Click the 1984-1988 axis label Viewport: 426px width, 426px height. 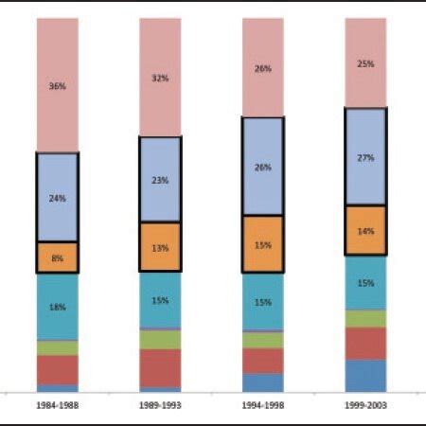[56, 404]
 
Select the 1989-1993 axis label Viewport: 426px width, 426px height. [159, 404]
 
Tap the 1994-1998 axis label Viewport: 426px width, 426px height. [262, 404]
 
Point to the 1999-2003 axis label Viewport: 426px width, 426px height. [364, 404]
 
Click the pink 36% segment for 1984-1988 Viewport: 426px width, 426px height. [57, 85]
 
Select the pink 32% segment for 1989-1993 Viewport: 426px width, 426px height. [160, 78]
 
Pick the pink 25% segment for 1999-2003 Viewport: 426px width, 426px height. [365, 62]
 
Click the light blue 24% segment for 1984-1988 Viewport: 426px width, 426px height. [57, 198]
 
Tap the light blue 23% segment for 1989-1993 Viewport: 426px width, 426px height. [160, 180]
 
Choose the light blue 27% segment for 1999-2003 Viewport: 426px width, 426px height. [365, 157]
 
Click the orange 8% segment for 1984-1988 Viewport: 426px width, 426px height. [57, 257]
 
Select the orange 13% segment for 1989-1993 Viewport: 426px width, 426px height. [160, 248]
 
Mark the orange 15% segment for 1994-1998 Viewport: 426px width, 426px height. [262, 244]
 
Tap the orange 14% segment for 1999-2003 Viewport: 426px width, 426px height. [365, 230]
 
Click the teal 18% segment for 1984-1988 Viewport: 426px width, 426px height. [57, 307]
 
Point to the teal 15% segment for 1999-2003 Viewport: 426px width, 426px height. [365, 283]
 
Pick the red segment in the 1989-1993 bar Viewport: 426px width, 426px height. [160, 367]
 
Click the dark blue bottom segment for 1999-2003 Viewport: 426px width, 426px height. [365, 375]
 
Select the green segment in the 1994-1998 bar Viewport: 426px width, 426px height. [262, 340]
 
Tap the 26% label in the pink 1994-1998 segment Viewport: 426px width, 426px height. [262, 69]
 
